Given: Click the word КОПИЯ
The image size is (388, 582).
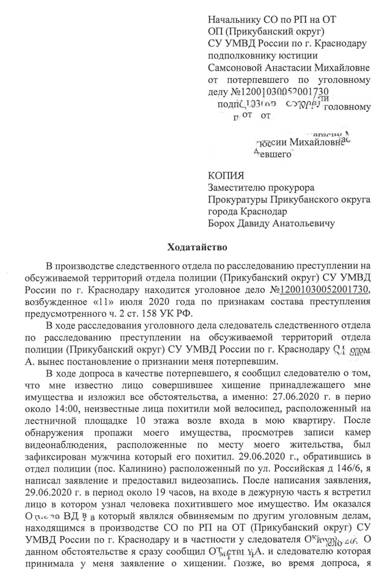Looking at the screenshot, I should tap(226, 176).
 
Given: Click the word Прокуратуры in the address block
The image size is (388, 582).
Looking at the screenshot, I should tap(239, 200).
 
